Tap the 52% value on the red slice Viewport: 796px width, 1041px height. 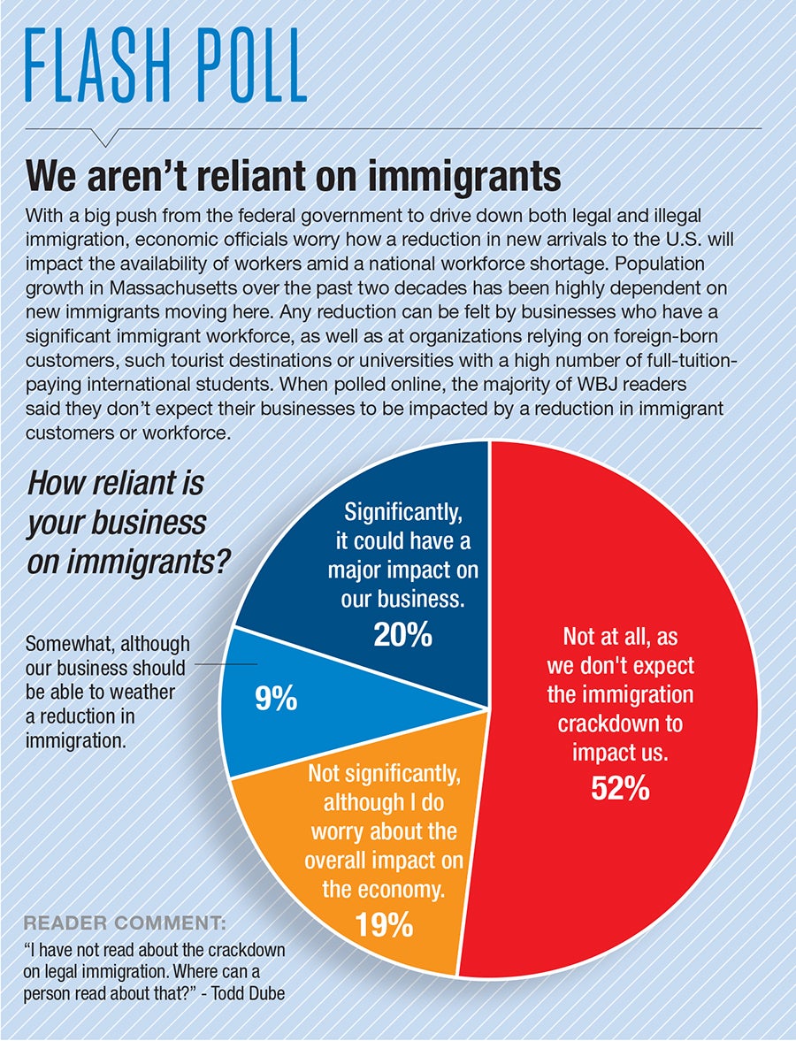620,787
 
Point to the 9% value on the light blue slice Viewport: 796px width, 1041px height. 277,700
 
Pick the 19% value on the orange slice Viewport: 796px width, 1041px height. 384,924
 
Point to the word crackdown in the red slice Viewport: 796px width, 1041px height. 619,723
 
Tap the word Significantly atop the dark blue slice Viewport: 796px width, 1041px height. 403,512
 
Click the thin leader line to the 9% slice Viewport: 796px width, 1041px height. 226,664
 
